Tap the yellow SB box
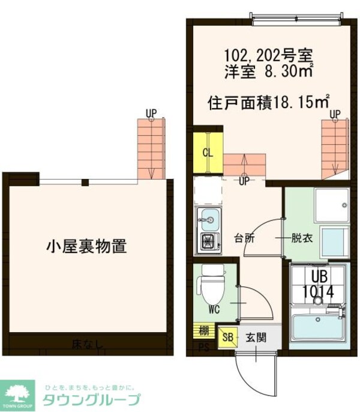pyautogui.click(x=227, y=338)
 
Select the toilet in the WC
pyautogui.click(x=211, y=288)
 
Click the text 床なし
pyautogui.click(x=88, y=345)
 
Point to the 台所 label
pyautogui.click(x=244, y=237)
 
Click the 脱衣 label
pyautogui.click(x=302, y=237)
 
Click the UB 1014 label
pyautogui.click(x=317, y=285)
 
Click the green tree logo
pyautogui.click(x=20, y=391)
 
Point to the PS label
pyautogui.click(x=203, y=346)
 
